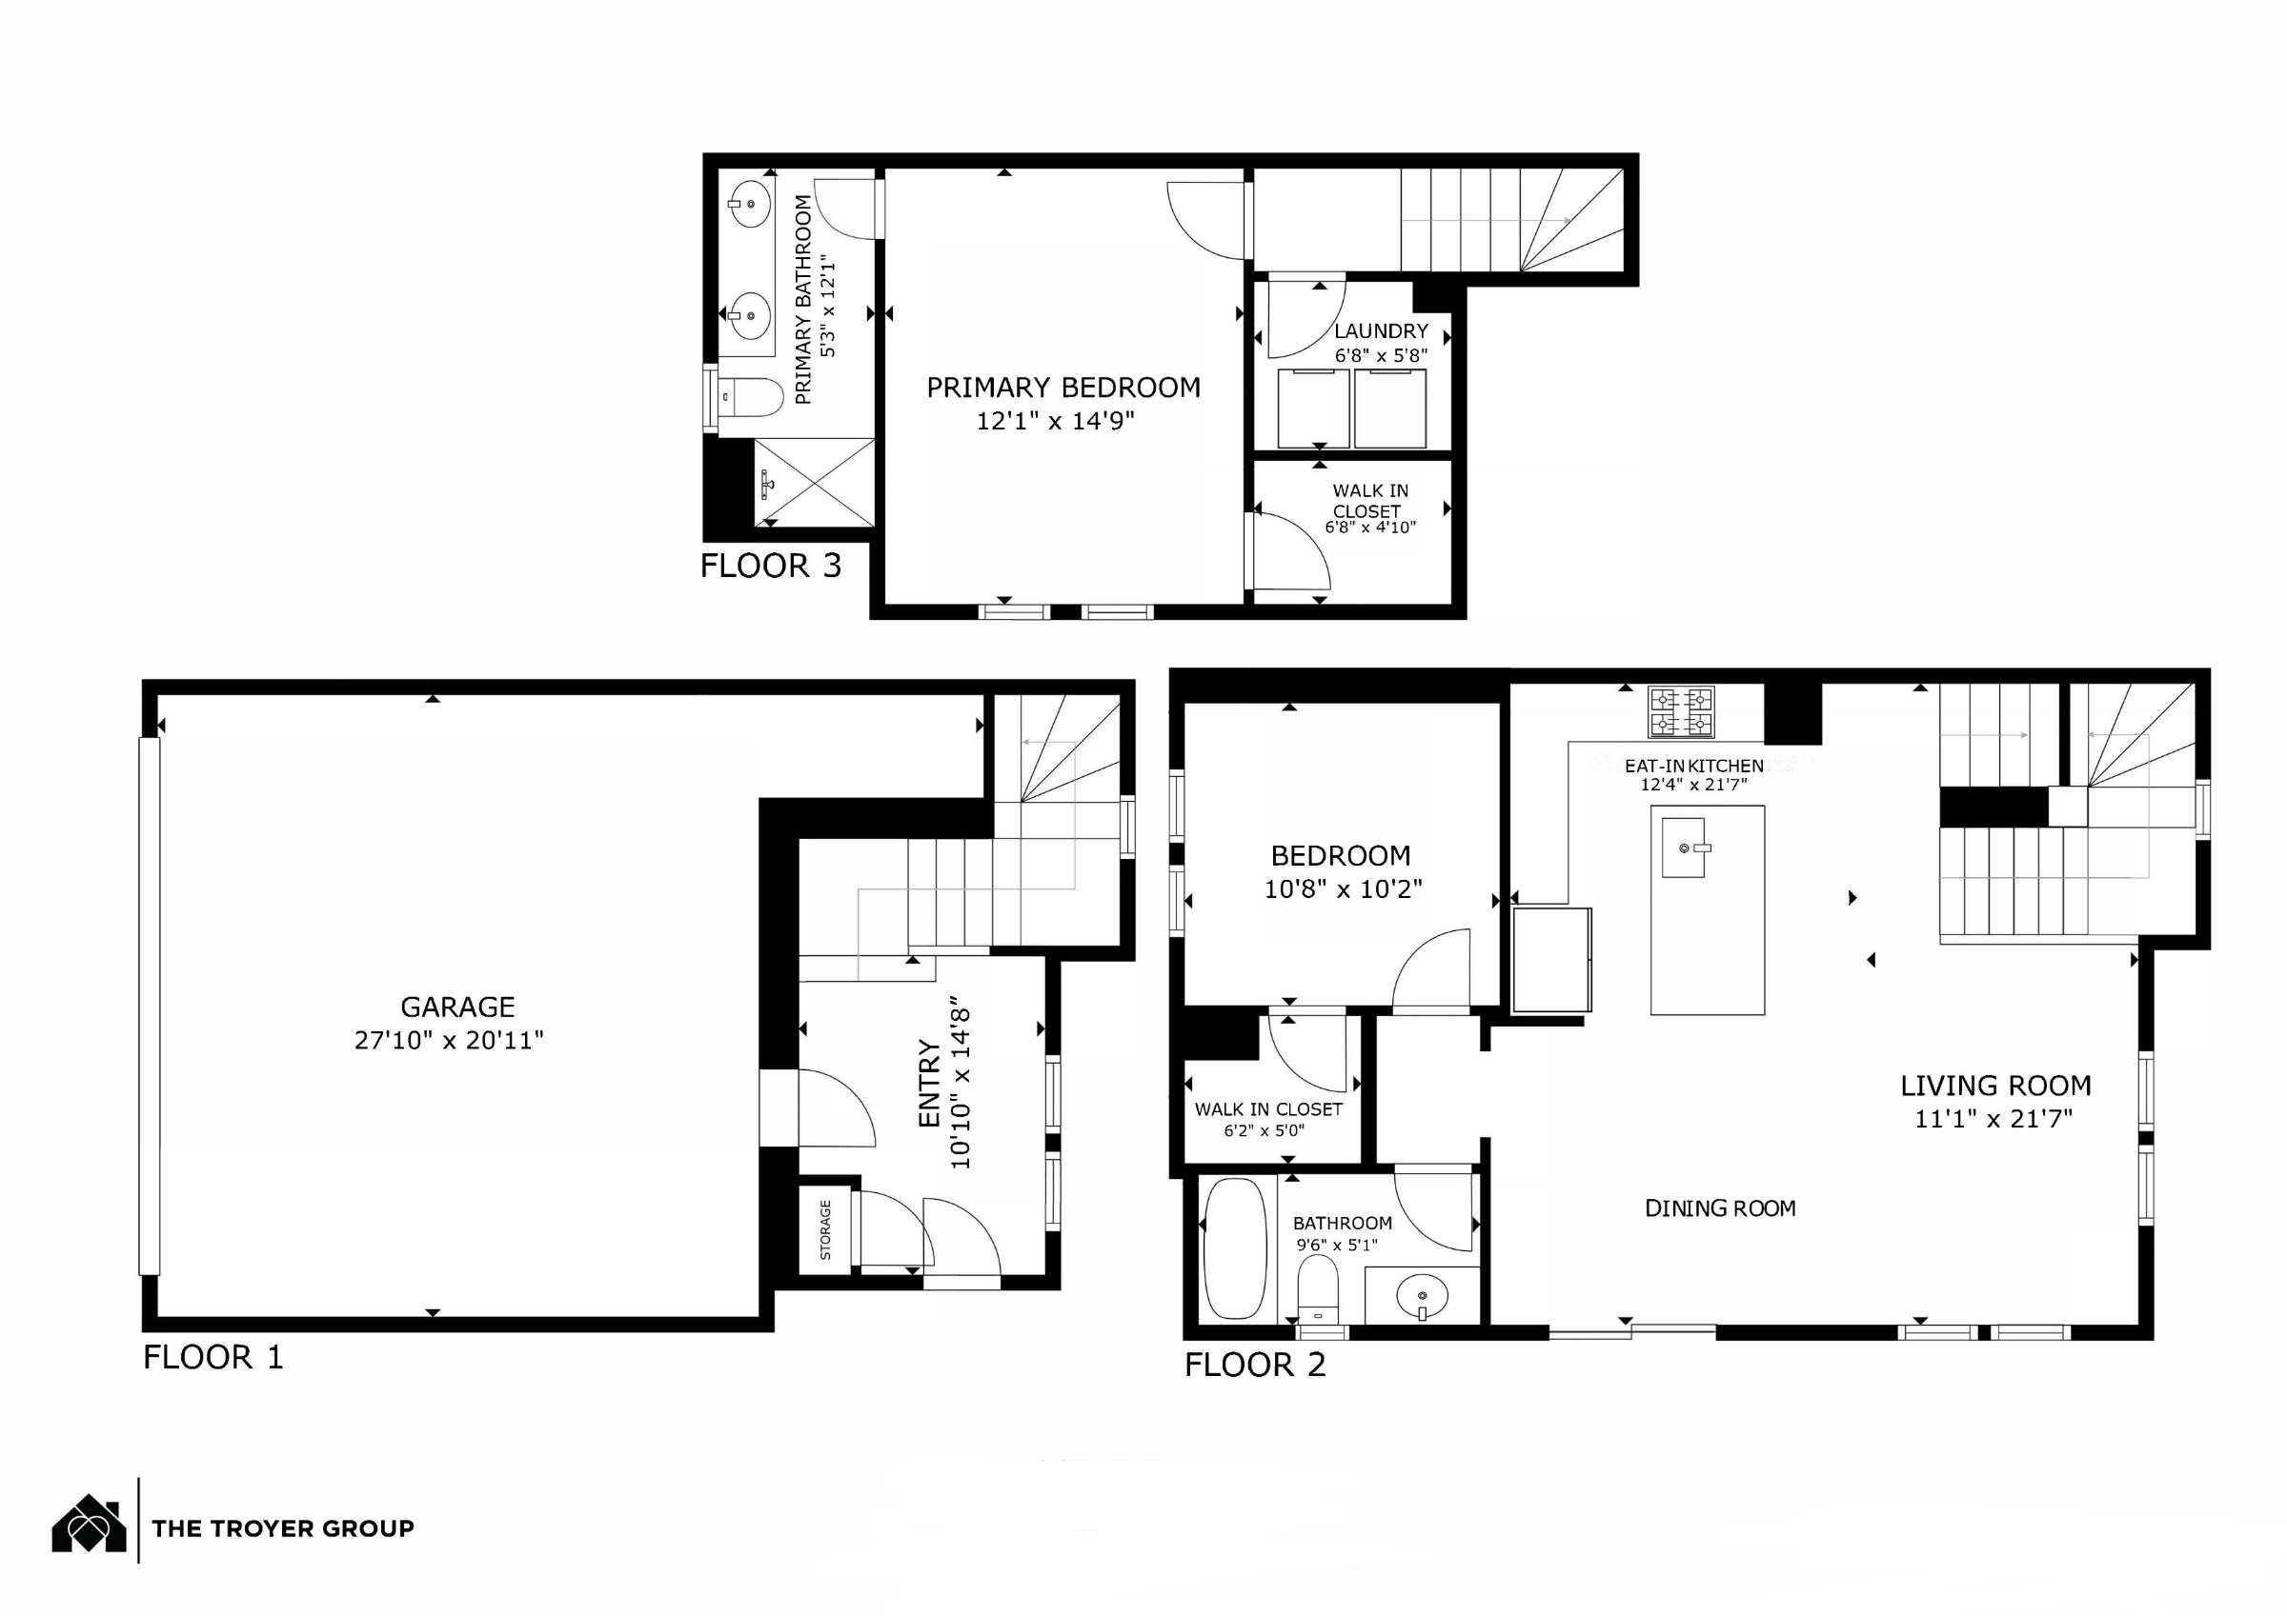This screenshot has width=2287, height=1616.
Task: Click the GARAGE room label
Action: [457, 1007]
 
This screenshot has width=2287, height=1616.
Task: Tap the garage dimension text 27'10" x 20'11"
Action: [449, 1040]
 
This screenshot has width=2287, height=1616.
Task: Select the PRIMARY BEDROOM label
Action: [1063, 388]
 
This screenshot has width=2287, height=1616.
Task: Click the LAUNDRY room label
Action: [1381, 330]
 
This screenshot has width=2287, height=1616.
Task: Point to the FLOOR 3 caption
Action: [771, 566]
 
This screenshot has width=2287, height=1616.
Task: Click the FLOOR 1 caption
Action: [213, 1357]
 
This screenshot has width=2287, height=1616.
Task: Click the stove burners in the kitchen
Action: [1681, 712]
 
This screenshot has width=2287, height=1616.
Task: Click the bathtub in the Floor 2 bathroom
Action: [1235, 1248]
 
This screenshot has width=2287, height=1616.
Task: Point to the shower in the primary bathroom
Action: [815, 483]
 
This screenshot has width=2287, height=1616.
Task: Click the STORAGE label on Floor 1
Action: [825, 1230]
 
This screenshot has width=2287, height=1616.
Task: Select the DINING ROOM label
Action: [1720, 1208]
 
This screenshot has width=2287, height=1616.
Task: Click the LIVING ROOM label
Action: [1995, 1086]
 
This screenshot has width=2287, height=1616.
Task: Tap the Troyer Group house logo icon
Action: [90, 1525]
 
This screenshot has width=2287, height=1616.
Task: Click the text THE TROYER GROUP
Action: [283, 1528]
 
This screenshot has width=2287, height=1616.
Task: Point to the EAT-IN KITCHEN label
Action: [1694, 766]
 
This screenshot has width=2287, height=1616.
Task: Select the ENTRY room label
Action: [928, 1085]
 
